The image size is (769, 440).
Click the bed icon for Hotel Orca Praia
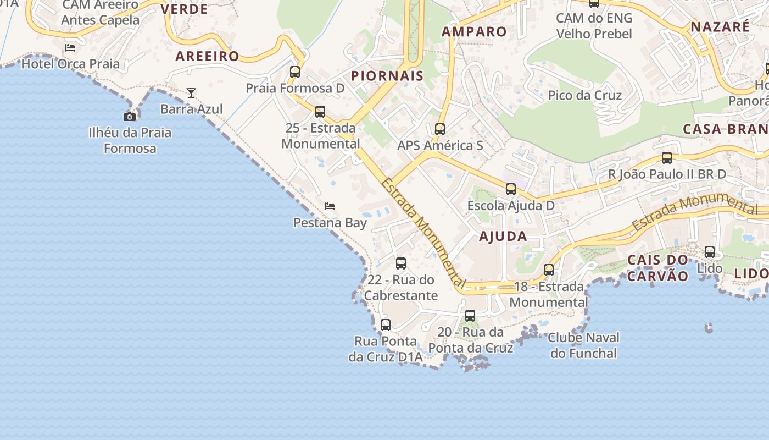(70, 48)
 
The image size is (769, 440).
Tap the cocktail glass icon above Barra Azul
(191, 93)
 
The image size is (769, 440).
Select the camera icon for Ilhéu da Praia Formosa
(130, 117)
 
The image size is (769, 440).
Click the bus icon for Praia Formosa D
(295, 72)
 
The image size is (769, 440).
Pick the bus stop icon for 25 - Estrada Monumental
(320, 112)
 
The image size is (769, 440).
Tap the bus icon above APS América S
(440, 129)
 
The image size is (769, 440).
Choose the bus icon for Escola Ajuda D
(511, 189)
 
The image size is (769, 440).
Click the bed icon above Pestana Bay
(330, 206)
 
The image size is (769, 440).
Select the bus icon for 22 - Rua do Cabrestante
(401, 263)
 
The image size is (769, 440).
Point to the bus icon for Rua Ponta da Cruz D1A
(386, 325)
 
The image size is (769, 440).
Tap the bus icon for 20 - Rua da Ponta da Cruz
(470, 316)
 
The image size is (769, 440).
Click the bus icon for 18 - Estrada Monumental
(549, 270)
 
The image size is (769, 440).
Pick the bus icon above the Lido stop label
(710, 252)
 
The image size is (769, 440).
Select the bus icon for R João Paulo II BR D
(667, 158)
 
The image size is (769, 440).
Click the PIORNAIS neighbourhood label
(387, 76)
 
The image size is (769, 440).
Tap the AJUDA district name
(503, 237)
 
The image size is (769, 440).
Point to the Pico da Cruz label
(585, 95)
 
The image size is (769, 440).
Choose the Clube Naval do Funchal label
(583, 345)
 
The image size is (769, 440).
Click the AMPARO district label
(474, 31)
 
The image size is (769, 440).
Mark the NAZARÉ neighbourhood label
(720, 27)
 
